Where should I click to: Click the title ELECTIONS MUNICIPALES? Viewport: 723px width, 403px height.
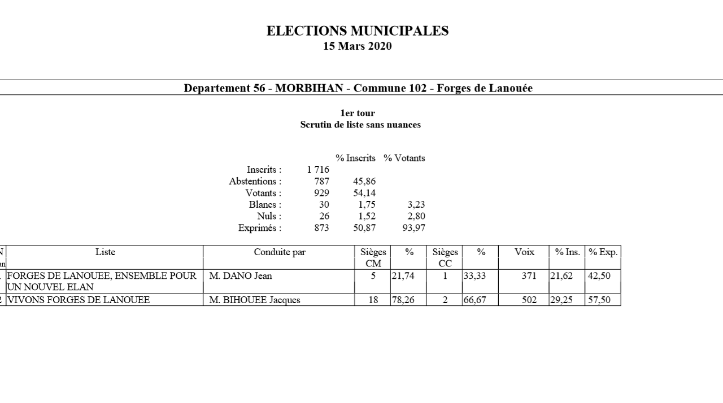358,31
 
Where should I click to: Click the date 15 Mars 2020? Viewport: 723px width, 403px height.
358,46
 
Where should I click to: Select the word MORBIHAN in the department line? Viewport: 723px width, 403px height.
309,88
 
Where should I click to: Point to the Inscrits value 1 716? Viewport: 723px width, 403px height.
318,169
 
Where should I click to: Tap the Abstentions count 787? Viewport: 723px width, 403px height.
322,181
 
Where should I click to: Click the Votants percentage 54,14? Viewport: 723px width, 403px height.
364,193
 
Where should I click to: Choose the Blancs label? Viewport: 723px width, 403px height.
265,205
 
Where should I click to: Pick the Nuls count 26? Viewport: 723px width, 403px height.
324,216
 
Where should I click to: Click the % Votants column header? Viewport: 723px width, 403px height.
404,158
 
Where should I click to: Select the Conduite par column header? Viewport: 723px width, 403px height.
280,252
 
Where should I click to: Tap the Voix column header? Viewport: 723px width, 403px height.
524,252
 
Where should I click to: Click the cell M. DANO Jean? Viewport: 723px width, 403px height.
241,276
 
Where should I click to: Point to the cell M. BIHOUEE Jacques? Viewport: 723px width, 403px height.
255,300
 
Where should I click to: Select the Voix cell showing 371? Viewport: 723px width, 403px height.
529,276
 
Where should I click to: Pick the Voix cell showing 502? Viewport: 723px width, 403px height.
529,300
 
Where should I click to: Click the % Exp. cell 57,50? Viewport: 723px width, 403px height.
599,300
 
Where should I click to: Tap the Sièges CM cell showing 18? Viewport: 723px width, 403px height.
373,300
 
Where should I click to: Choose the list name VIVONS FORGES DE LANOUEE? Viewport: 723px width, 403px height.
79,300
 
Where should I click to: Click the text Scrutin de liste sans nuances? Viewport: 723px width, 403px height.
360,125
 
